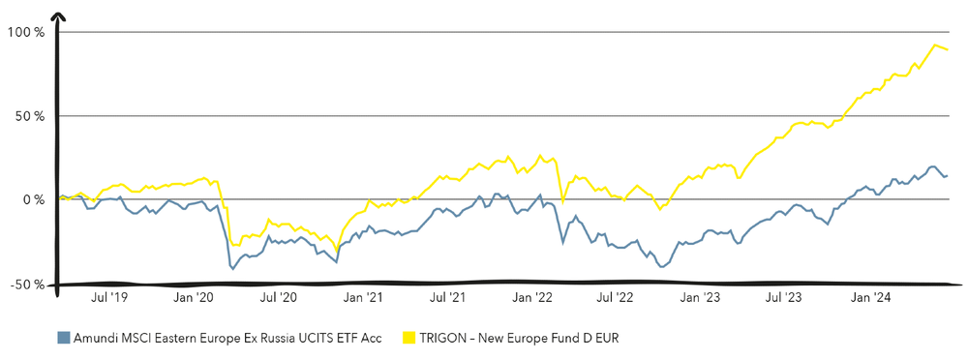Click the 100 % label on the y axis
[x=26, y=32]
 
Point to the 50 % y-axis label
[x=29, y=116]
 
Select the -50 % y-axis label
[x=26, y=285]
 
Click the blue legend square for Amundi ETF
[x=63, y=338]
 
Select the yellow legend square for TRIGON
[x=408, y=338]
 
